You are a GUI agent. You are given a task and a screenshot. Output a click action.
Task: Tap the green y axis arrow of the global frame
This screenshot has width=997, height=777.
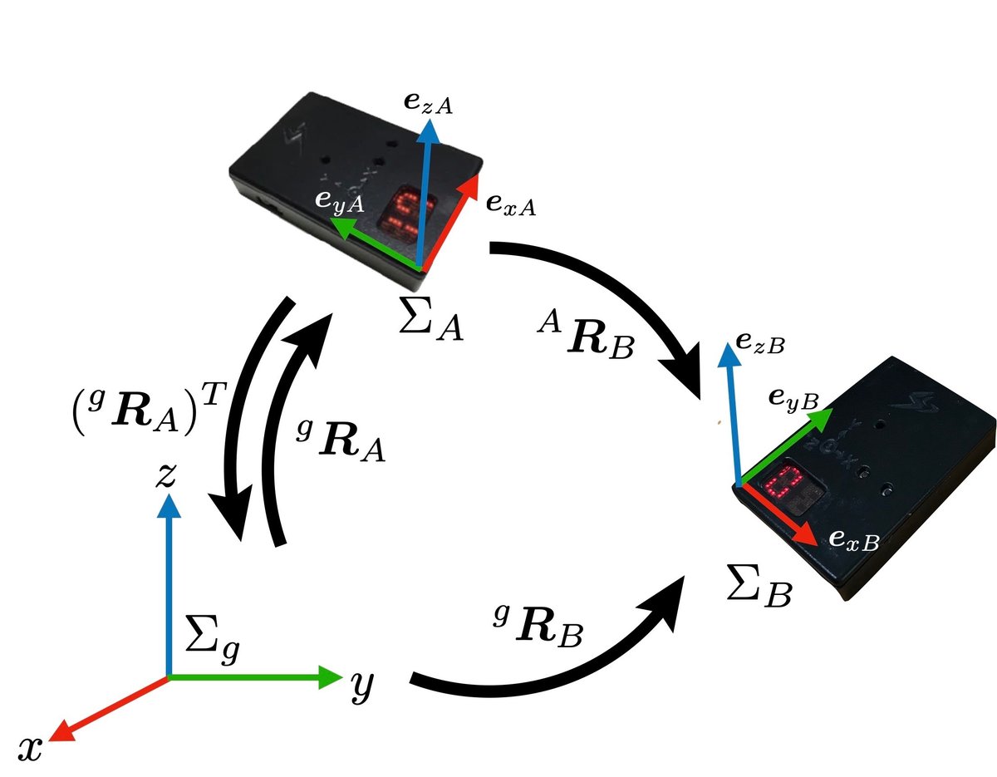click(x=258, y=677)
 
